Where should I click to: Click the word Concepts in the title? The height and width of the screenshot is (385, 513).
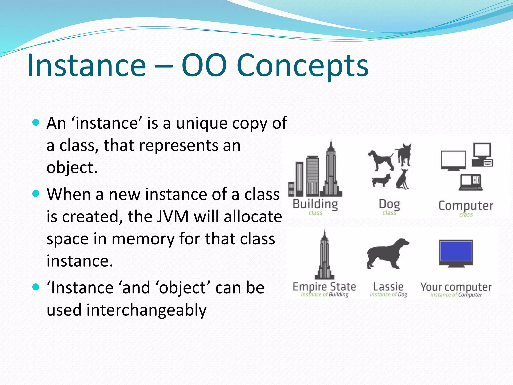coord(302,66)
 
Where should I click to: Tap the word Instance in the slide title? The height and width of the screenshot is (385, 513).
coord(86,66)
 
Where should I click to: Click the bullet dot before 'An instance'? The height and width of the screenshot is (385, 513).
coord(36,123)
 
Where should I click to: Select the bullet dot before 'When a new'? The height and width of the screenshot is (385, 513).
coord(36,194)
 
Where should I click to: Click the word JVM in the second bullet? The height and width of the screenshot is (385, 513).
coord(173,217)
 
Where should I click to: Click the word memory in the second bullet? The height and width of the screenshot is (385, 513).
coord(143,239)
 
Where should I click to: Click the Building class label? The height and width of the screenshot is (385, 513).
coord(315,204)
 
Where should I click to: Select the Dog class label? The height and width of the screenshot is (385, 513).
coord(389,204)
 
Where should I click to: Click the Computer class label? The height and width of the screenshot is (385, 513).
coord(466,206)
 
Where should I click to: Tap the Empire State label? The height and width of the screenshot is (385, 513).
coord(324,286)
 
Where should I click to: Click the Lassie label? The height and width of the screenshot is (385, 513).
coord(388,286)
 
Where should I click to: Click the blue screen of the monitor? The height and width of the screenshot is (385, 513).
coord(456,251)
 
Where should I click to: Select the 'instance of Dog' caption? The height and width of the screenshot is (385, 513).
coord(388,295)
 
